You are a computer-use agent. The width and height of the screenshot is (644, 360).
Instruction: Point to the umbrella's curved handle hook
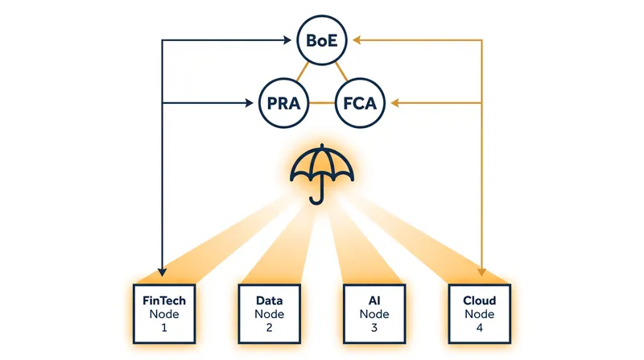click(317, 201)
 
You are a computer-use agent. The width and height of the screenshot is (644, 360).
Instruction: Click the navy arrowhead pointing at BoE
click(287, 40)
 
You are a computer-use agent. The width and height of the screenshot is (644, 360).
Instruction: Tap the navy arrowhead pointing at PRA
click(250, 103)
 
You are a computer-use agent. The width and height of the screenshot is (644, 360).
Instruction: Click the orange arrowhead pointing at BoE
click(357, 40)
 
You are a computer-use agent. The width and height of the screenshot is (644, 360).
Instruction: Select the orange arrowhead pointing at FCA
click(394, 103)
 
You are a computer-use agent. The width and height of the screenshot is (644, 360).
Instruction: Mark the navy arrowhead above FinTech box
click(163, 272)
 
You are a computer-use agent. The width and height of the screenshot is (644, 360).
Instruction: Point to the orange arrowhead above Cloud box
click(481, 272)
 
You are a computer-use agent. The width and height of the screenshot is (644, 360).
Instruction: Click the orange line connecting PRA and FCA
click(322, 103)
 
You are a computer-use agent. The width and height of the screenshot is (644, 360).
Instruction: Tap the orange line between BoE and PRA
click(303, 72)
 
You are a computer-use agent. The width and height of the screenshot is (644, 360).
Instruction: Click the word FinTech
click(164, 300)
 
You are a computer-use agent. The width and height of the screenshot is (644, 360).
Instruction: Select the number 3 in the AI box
click(374, 328)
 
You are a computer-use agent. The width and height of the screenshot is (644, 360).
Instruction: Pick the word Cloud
click(480, 300)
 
